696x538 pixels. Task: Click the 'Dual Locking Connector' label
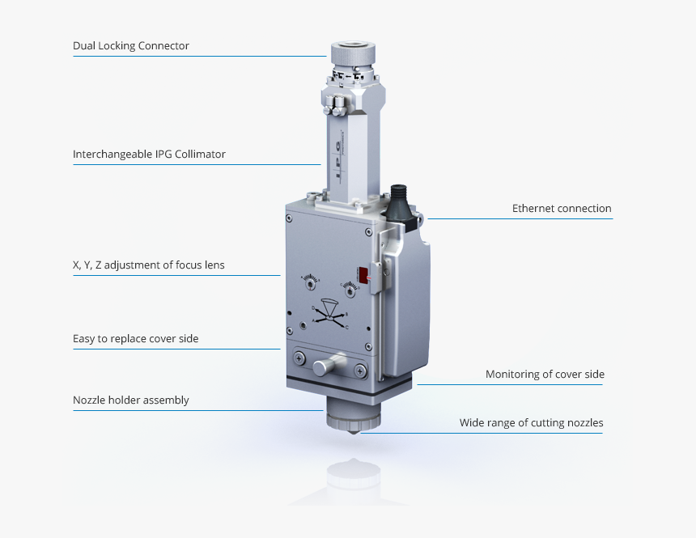pyautogui.click(x=131, y=46)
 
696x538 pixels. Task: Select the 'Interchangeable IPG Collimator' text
pyautogui.click(x=149, y=154)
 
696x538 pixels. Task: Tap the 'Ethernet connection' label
pyautogui.click(x=562, y=209)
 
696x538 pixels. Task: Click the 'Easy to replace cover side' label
pyautogui.click(x=135, y=339)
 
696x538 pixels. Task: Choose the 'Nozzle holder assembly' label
pyautogui.click(x=130, y=400)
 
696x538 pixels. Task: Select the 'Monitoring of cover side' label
pyautogui.click(x=545, y=375)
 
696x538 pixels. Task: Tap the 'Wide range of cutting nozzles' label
pyautogui.click(x=531, y=422)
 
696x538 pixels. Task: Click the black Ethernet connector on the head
pyautogui.click(x=401, y=202)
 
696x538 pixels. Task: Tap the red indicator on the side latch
pyautogui.click(x=363, y=275)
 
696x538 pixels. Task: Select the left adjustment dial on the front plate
pyautogui.click(x=310, y=282)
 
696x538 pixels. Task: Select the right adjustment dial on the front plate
pyautogui.click(x=348, y=285)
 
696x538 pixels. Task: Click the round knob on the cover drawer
pyautogui.click(x=321, y=366)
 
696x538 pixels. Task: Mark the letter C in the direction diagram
pyautogui.click(x=347, y=326)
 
